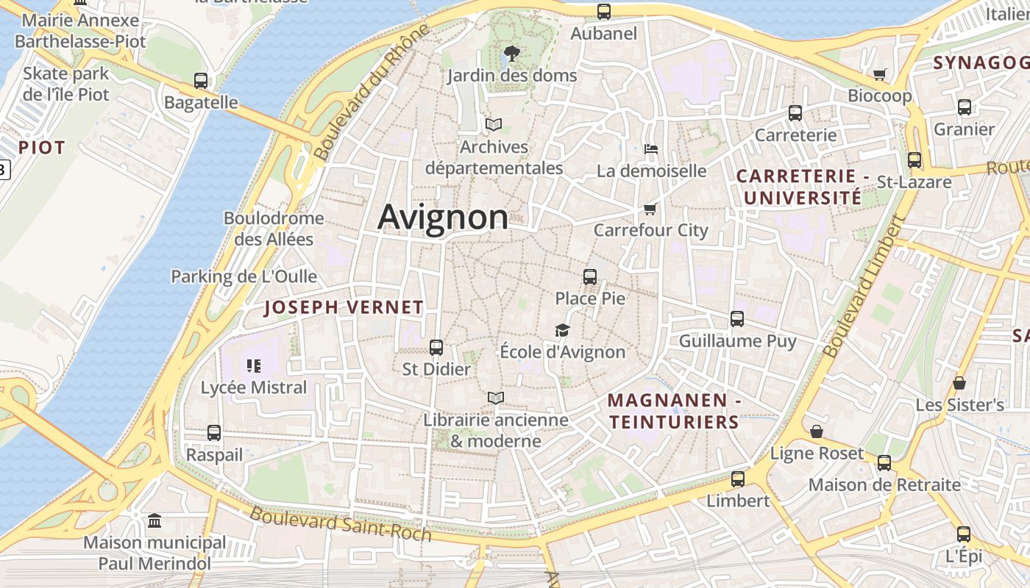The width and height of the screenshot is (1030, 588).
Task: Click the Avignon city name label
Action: point(443,218)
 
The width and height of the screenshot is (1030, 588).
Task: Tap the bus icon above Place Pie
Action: point(590,277)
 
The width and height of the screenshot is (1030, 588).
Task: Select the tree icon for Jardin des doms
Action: point(512,54)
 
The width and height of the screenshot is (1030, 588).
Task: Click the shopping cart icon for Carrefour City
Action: point(650,209)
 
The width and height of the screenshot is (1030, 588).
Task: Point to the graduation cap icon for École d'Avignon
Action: point(563,331)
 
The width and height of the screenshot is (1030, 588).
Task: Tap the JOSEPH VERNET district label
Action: point(344,308)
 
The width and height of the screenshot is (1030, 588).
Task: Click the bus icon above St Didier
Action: point(436,348)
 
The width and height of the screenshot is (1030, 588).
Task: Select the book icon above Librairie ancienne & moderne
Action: point(497,398)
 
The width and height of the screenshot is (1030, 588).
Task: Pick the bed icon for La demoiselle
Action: point(651,149)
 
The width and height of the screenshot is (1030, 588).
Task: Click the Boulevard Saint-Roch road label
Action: point(340,523)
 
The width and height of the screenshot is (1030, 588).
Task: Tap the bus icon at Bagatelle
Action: point(201,81)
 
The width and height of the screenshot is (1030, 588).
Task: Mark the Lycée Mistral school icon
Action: point(254,365)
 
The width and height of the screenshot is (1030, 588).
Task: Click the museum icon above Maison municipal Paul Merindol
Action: point(154,521)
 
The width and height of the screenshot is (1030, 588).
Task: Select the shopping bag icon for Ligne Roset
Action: point(817,431)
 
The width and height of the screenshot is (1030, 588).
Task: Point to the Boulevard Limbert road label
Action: point(864,287)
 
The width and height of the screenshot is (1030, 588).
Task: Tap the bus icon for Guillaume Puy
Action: point(737,319)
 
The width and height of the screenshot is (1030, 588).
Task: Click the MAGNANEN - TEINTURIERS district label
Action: point(674,411)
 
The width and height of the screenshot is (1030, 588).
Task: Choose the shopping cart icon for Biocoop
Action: point(879,74)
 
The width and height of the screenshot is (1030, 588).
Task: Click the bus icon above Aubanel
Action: point(604,12)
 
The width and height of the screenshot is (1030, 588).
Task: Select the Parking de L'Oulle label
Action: point(244,276)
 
